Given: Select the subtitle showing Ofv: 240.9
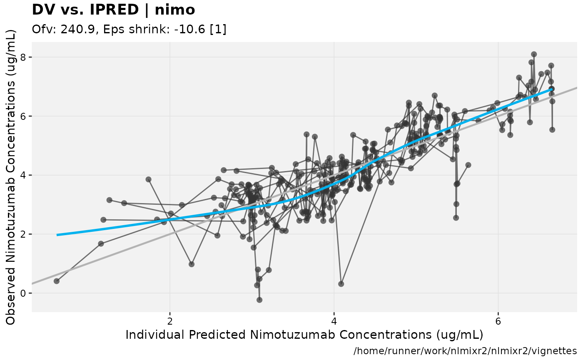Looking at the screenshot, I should tap(129, 30).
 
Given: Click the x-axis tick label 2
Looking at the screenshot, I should tap(170, 322).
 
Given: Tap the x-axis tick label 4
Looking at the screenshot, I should tap(334, 322).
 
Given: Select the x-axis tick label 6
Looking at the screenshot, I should tap(498, 322).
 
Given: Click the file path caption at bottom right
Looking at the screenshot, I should tap(465, 351).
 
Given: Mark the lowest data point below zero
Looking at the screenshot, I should tap(259, 300).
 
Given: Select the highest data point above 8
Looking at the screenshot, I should tap(534, 54).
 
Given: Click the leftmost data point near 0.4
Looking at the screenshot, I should tap(57, 281).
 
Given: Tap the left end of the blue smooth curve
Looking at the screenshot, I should tap(57, 235).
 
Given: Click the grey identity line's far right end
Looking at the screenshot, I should tap(576, 87).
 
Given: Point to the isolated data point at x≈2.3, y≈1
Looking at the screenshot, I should tap(192, 264).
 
